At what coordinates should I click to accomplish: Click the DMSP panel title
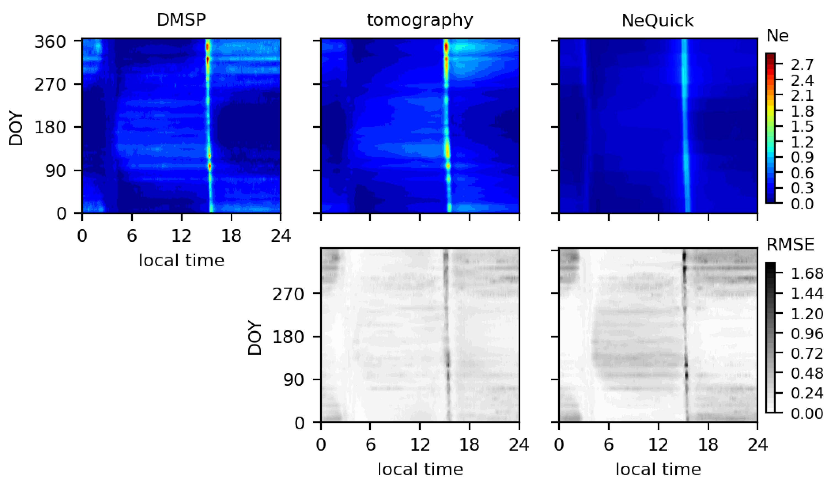[181, 20]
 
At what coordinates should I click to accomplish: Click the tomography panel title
[420, 20]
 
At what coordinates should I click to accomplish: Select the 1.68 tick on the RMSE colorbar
[806, 274]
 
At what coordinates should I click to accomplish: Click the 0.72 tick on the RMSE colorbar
[806, 354]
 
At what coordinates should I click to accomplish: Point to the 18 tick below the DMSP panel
[231, 236]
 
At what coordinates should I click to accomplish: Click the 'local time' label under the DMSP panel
[181, 260]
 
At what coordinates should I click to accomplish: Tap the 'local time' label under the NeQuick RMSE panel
[658, 470]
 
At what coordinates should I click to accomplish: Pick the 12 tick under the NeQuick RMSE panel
[658, 445]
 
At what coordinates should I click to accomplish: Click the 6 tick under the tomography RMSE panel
[370, 445]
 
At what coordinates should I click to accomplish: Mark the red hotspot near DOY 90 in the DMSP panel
[209, 166]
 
